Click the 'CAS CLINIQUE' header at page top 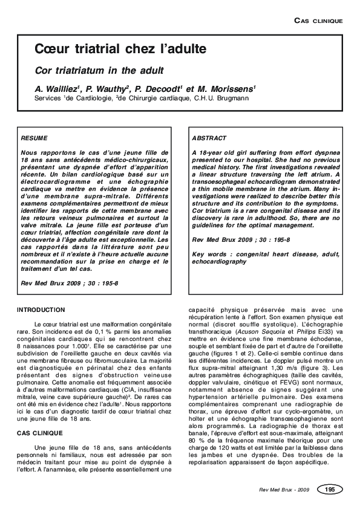coord(318,21)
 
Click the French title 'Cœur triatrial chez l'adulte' coord(120,48)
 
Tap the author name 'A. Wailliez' coord(57,88)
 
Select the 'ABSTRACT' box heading coord(209,138)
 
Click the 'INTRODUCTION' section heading coord(41,310)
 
